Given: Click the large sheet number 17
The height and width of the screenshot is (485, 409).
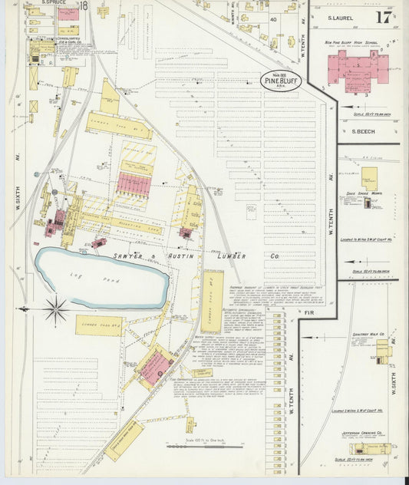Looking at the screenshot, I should [x=382, y=18].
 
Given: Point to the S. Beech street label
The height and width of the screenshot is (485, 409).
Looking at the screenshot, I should [x=362, y=131].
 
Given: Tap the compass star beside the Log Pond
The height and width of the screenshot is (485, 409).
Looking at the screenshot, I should [x=55, y=310].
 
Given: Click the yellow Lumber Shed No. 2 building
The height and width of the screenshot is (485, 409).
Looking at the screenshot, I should [x=99, y=325].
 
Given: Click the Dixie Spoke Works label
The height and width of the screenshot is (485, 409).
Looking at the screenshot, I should [x=369, y=193].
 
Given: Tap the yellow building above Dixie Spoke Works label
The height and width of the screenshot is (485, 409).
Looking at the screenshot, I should [x=369, y=177].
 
